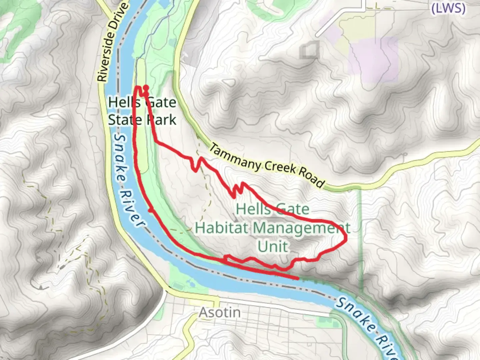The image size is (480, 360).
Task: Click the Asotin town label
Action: click(220, 313)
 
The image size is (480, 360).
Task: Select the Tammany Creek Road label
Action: click(267, 166)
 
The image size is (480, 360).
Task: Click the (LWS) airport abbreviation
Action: click(448, 8)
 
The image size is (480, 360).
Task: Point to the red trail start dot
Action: click(146, 88)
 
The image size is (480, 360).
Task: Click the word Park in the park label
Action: click(162, 120)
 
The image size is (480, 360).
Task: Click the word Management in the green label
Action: click(301, 228)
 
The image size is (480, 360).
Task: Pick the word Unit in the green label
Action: click(273, 247)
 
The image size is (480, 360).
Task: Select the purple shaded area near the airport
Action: click(373, 58)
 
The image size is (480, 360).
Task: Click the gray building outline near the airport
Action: click(309, 50)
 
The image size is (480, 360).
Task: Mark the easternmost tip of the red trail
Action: click(347, 238)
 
